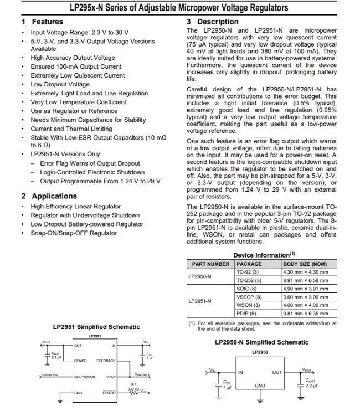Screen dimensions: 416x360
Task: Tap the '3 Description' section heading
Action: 213,22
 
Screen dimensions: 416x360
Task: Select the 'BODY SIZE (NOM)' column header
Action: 305,264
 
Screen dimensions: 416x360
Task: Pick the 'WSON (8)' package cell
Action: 248,305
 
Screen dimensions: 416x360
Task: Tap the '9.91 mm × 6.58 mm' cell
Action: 305,280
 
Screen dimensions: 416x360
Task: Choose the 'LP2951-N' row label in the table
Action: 200,301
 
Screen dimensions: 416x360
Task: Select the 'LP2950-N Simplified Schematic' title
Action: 261,342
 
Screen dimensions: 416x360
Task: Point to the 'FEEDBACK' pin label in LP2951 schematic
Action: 106,361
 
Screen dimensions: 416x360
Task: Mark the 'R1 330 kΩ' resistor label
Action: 133,387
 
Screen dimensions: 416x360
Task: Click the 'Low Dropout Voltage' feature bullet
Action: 60,84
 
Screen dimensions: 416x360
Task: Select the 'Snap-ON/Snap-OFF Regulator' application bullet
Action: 74,233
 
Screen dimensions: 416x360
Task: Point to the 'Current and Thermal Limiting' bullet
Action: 71,129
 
